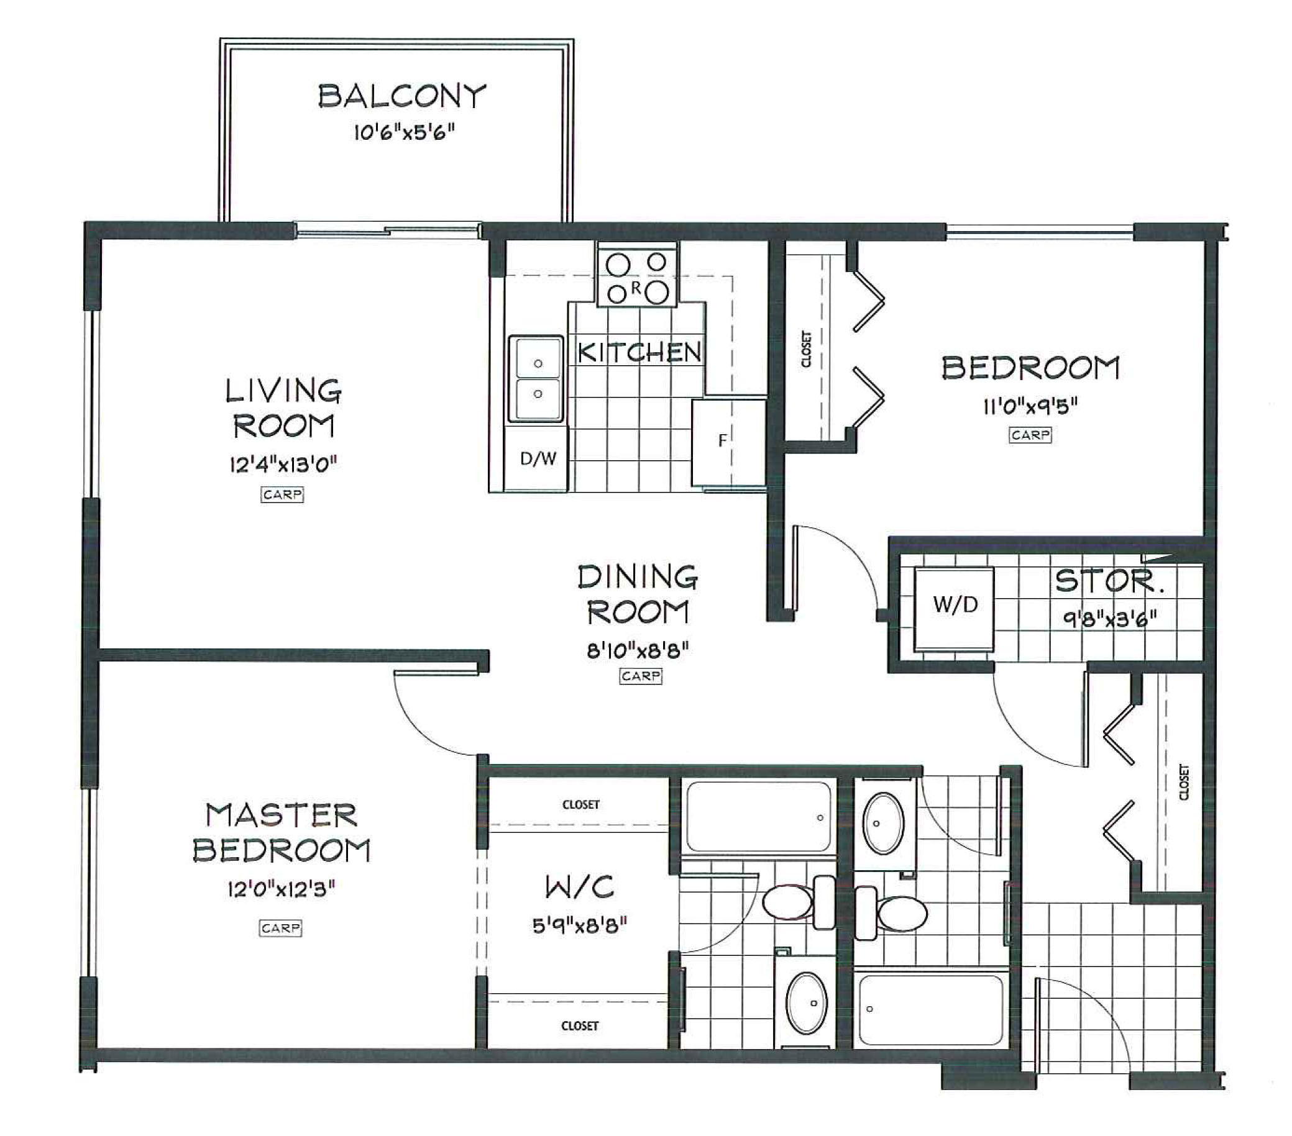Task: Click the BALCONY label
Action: click(402, 97)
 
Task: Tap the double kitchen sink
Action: click(537, 378)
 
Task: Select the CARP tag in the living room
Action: click(282, 494)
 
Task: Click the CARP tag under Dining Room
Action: click(640, 676)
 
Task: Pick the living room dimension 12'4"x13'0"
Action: click(283, 466)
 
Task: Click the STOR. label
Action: click(1109, 581)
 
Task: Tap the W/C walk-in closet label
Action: click(580, 888)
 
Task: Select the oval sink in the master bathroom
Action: click(806, 1002)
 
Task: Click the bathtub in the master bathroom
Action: click(759, 817)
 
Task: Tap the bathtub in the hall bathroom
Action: click(930, 1010)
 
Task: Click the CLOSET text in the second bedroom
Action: click(806, 349)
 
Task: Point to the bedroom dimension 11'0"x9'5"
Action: click(1030, 406)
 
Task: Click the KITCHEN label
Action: click(639, 353)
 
